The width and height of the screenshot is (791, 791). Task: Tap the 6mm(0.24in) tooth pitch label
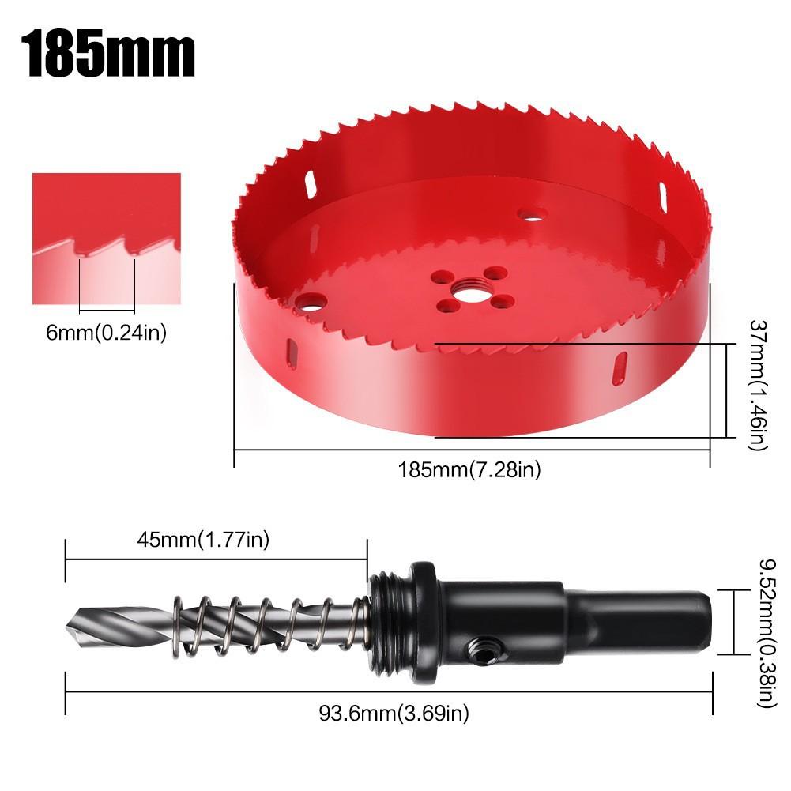coord(106,333)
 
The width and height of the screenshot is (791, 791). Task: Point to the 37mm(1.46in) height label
coord(756,386)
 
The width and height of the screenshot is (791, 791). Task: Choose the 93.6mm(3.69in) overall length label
coord(394,714)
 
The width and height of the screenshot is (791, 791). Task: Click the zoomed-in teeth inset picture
coord(106,238)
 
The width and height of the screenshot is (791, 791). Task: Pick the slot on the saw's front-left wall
coord(292,354)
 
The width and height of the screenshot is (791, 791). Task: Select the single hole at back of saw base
coord(532,214)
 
